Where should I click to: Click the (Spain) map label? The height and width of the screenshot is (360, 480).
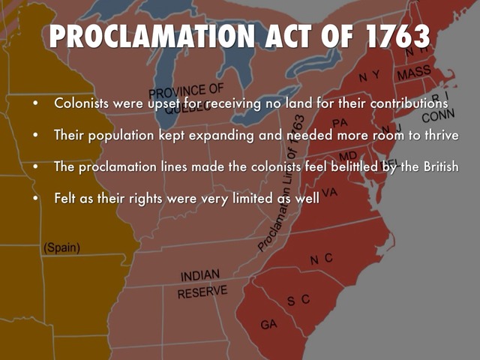[x=61, y=247]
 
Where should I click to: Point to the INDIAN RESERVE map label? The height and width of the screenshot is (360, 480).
[x=202, y=283]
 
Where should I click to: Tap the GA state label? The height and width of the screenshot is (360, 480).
[x=268, y=324]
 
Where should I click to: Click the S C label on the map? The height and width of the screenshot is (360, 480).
[x=298, y=300]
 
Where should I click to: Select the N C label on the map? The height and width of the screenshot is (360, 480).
[x=321, y=259]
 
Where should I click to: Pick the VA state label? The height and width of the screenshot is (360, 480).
[x=329, y=192]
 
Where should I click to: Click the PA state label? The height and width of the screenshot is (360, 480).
[x=340, y=121]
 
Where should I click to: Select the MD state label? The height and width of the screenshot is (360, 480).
[x=348, y=155]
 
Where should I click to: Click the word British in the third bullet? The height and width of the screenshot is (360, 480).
[x=436, y=166]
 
